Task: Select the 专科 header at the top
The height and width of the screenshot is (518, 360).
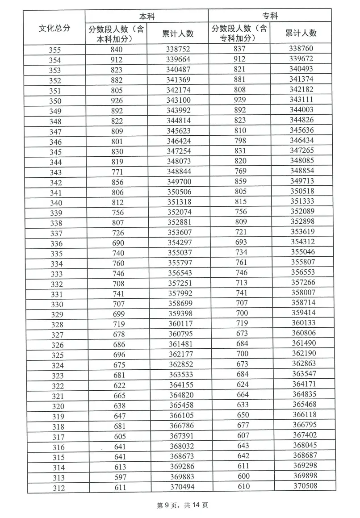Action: point(270,16)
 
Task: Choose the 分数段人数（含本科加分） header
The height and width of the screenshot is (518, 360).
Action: point(117,34)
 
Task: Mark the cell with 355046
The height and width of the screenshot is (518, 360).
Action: point(303,252)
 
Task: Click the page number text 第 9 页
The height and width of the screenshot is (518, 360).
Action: point(167,505)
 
